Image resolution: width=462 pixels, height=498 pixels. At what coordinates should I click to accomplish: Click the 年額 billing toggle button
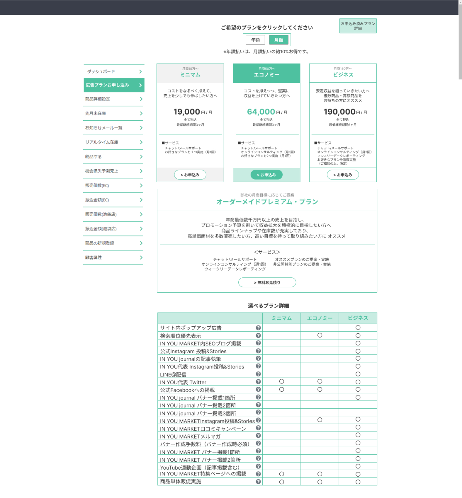[x=255, y=40]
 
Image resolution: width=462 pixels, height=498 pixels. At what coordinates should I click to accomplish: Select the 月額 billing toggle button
[x=279, y=40]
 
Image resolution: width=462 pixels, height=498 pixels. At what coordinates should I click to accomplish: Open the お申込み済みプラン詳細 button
[x=358, y=26]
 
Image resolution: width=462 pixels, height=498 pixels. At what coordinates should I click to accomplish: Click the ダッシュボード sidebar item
[x=113, y=71]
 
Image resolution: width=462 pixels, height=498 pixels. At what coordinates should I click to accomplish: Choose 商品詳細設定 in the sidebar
[x=113, y=99]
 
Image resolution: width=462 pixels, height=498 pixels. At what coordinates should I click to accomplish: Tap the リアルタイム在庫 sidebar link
[x=113, y=142]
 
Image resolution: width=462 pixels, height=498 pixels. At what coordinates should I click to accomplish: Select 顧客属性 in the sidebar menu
[x=113, y=257]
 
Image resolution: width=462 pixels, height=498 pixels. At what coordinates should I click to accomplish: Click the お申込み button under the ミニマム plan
[x=190, y=175]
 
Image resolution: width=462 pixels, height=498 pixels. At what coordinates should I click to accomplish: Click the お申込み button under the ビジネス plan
[x=343, y=175]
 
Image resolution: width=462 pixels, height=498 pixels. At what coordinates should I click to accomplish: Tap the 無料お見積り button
[x=267, y=282]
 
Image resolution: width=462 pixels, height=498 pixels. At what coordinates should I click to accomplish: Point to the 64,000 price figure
[x=261, y=112]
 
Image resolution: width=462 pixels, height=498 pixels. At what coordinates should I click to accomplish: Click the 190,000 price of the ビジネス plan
[x=339, y=112]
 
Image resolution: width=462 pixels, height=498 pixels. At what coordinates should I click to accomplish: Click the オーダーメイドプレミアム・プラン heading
[x=267, y=202]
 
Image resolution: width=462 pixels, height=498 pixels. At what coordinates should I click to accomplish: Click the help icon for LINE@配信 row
[x=258, y=374]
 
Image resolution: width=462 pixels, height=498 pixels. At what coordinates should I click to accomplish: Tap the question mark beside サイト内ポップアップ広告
[x=258, y=328]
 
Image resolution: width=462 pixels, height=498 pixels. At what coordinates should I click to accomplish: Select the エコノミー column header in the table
[x=320, y=318]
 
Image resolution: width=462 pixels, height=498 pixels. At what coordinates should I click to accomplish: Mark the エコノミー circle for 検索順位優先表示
[x=320, y=335]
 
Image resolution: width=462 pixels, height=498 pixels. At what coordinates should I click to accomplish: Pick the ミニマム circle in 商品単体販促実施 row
[x=282, y=482]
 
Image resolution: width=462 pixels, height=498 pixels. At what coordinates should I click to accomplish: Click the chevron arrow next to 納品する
[x=141, y=157]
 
